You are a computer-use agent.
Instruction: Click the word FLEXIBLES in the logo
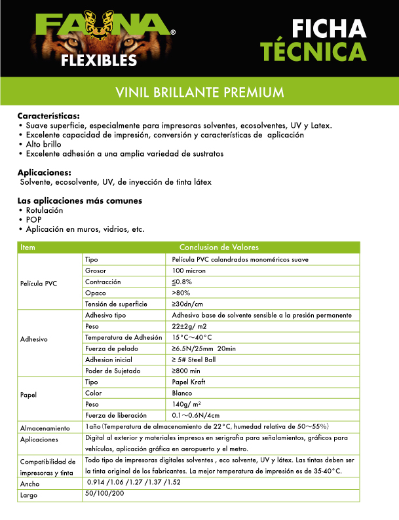[99, 61]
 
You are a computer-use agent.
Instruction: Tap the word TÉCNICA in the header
[312, 51]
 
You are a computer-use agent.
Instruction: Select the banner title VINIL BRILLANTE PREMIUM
[199, 91]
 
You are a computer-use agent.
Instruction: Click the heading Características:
[48, 115]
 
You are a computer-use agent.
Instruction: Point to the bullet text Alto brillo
[45, 143]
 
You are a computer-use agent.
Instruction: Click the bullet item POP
[33, 219]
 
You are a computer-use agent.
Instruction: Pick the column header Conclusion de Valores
[219, 247]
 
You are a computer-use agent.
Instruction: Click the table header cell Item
[28, 247]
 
